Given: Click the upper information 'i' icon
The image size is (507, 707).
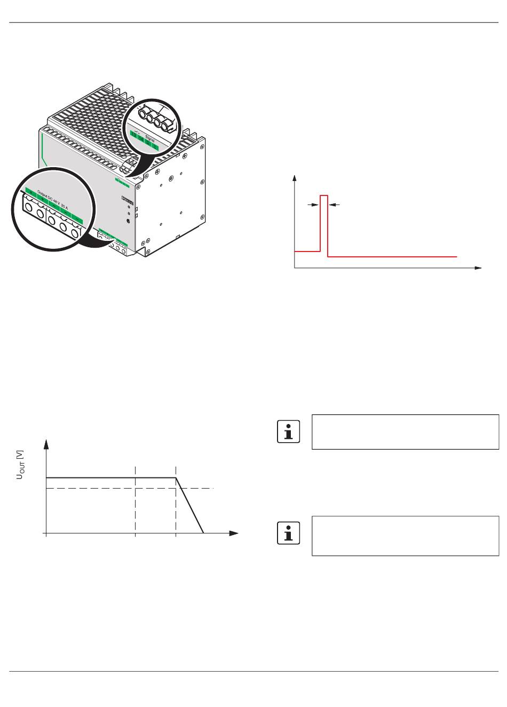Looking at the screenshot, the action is click(289, 431).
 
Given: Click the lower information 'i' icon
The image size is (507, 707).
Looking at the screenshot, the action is click(289, 533).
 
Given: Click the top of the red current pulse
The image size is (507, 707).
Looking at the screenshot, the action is click(324, 196).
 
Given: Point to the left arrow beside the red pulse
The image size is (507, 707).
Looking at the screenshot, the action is click(312, 204).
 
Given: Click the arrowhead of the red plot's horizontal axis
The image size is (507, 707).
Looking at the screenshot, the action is click(479, 268).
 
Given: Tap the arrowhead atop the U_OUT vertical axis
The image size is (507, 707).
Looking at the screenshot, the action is click(47, 443).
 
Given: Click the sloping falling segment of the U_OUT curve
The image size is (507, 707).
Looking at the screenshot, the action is click(190, 505).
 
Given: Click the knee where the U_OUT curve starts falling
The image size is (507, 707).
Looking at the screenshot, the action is click(176, 477).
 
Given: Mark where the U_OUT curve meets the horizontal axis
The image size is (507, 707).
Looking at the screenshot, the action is click(203, 533).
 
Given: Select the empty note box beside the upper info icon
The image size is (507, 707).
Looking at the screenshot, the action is click(405, 431).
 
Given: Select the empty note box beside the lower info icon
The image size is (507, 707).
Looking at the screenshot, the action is click(405, 536).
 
